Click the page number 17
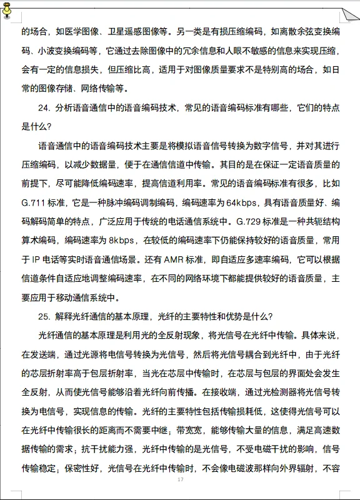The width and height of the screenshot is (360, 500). (180, 479)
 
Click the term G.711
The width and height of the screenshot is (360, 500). (32, 203)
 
